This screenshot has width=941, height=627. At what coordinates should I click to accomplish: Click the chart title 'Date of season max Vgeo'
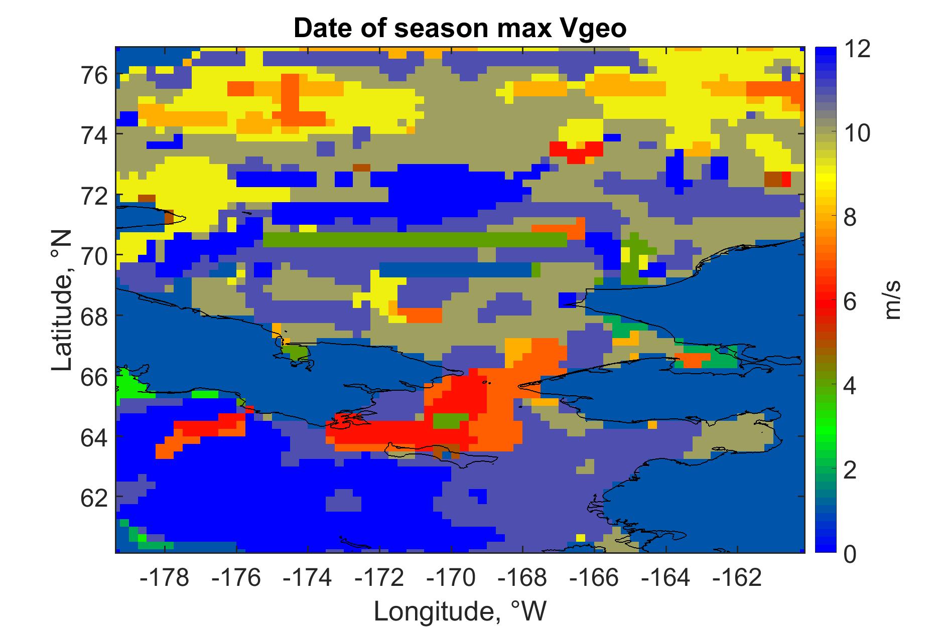click(x=460, y=29)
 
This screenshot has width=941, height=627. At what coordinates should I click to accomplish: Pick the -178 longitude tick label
click(x=165, y=577)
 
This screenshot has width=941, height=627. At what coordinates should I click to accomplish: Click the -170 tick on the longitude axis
click(x=451, y=577)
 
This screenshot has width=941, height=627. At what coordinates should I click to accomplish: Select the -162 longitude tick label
click(x=737, y=577)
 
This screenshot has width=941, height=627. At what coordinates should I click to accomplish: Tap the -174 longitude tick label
click(x=308, y=577)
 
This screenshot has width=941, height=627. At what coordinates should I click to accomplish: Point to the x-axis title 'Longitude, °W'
click(x=460, y=610)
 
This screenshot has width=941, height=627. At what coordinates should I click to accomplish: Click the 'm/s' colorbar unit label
click(x=894, y=301)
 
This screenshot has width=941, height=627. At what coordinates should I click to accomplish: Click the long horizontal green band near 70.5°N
click(x=415, y=240)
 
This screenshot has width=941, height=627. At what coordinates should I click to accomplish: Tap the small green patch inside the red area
click(x=450, y=420)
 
